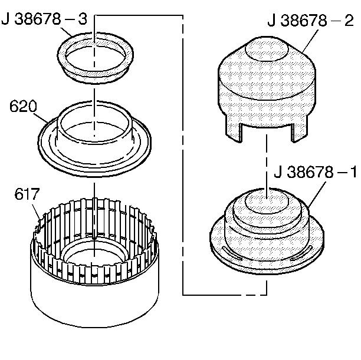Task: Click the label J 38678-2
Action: tap(310, 21)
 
